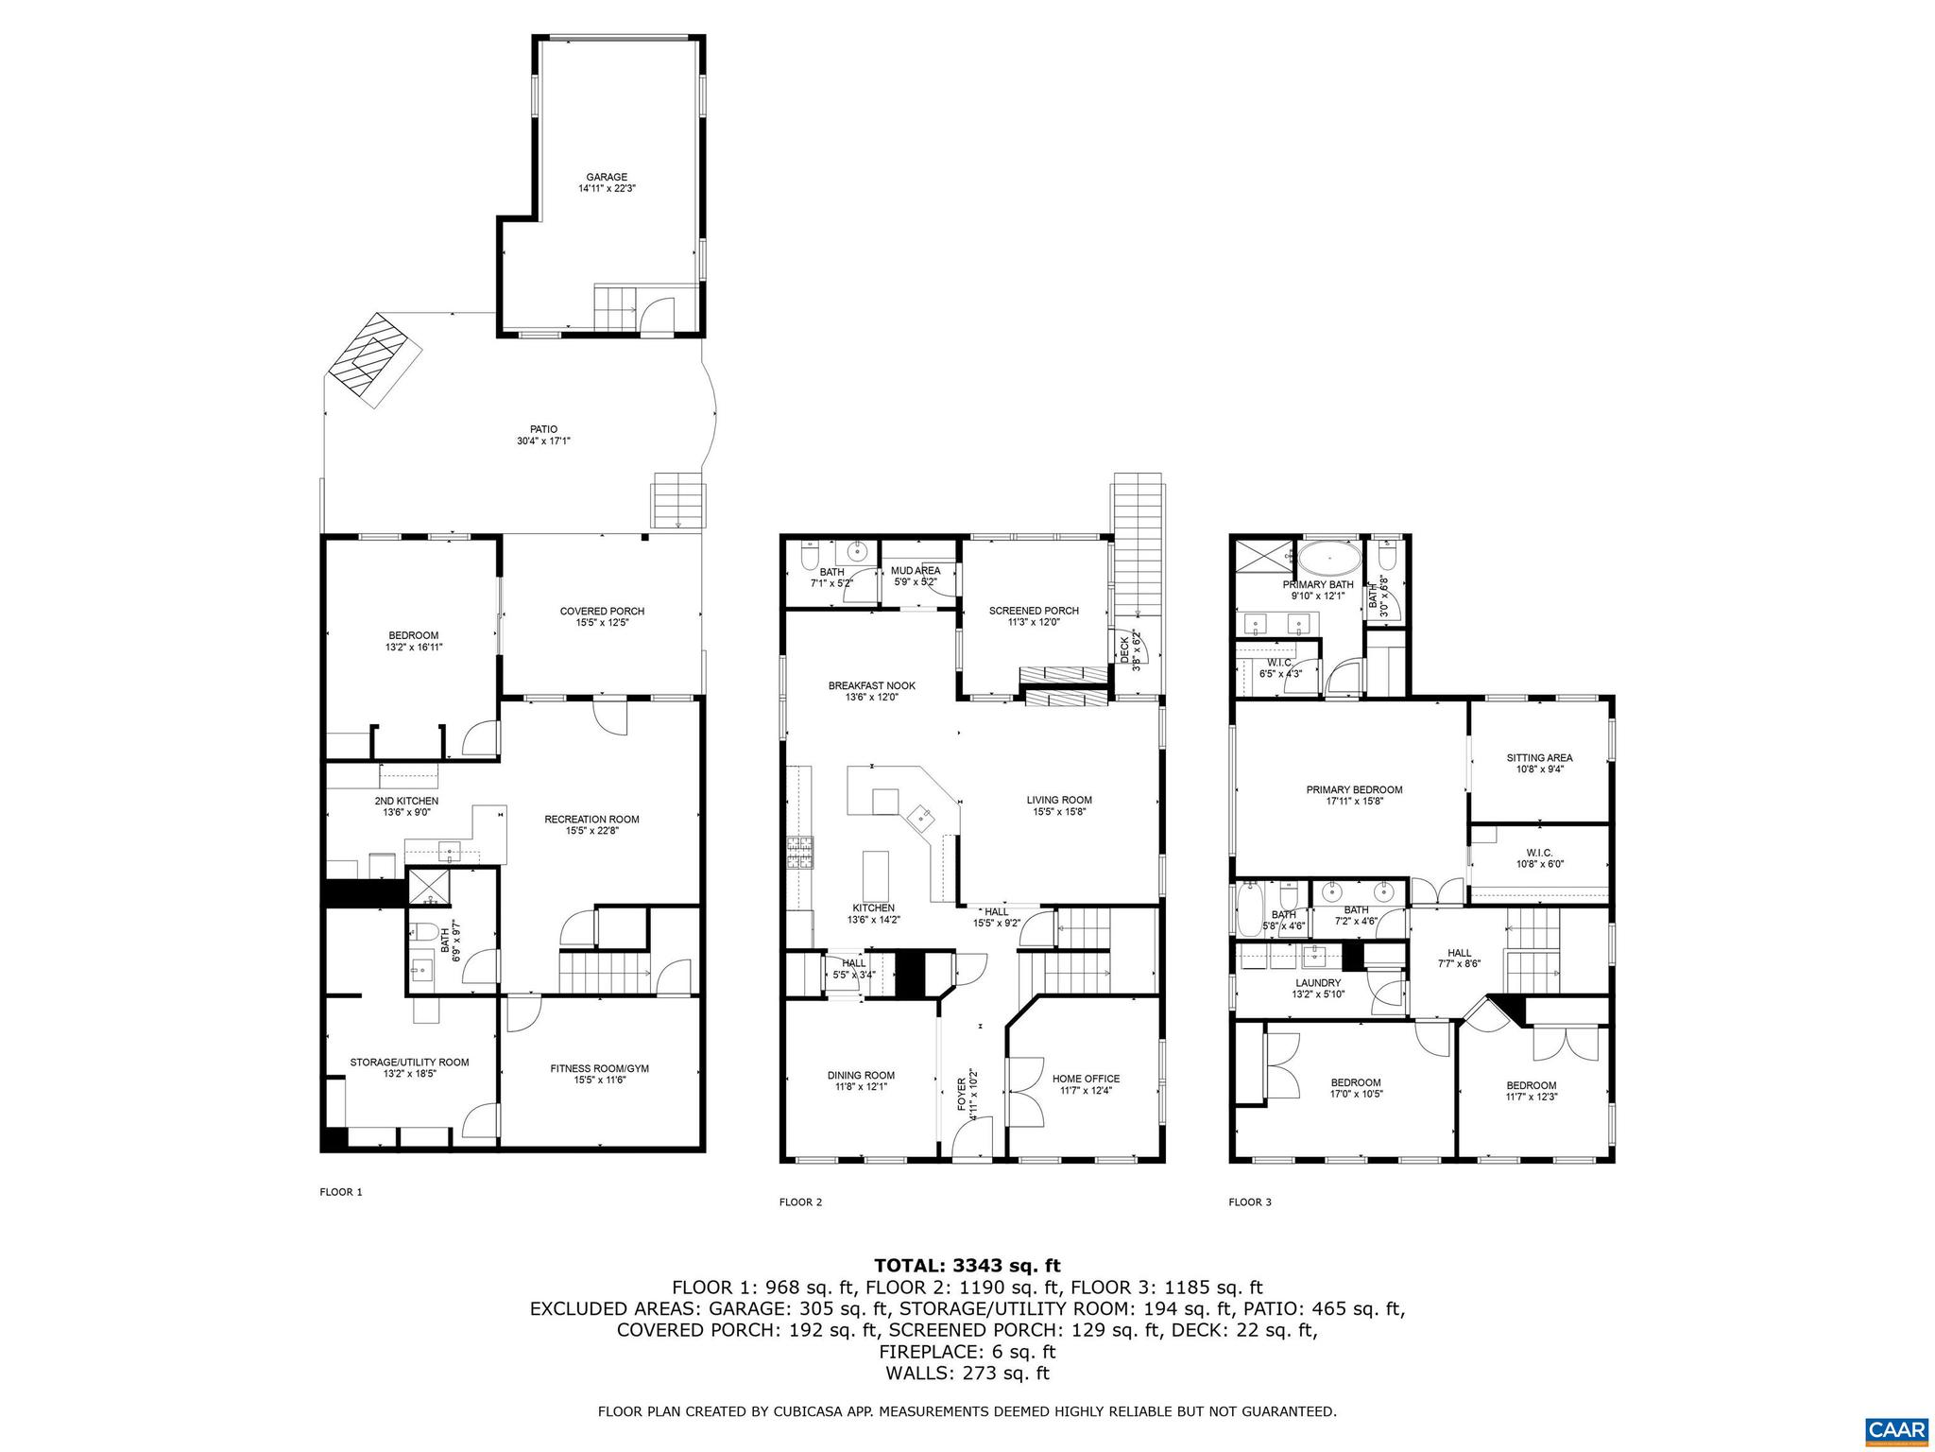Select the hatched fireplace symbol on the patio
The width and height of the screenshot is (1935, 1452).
[373, 360]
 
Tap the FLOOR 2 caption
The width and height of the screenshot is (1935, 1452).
[800, 1202]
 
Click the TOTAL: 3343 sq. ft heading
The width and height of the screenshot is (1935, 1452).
[967, 1265]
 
